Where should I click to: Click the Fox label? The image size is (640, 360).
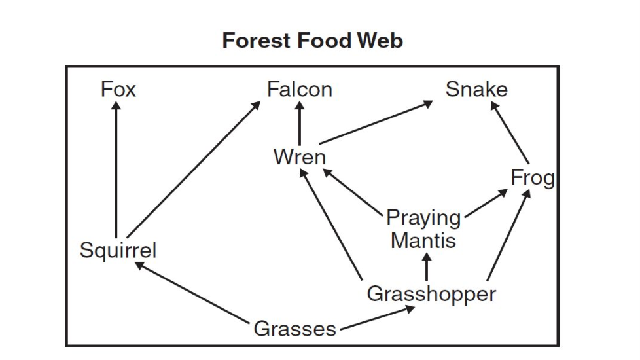(x=118, y=89)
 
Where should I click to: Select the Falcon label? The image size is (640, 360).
(x=300, y=89)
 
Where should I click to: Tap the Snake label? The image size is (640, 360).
(x=476, y=89)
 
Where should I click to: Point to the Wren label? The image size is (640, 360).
(x=299, y=157)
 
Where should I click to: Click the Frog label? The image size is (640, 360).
(x=533, y=177)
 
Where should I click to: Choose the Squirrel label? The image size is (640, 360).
(x=118, y=250)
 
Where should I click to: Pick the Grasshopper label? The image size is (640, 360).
(x=431, y=294)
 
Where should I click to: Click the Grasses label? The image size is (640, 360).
(x=295, y=329)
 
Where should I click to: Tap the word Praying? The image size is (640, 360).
(x=423, y=217)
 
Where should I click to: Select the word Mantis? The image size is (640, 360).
(x=423, y=240)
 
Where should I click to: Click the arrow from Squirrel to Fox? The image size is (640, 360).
(x=116, y=170)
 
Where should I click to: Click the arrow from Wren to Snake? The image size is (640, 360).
(x=376, y=122)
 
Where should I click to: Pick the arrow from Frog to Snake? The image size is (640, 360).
(x=510, y=136)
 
